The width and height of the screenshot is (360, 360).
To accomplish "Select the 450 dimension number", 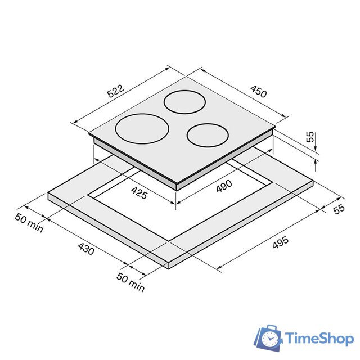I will point(258,93).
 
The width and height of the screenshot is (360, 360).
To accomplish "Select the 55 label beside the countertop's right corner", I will point(338,209).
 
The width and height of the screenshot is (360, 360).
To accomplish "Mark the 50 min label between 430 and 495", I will point(130,282).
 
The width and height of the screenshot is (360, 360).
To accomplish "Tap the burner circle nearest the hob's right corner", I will point(208,135).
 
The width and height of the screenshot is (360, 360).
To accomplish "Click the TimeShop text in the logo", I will point(319,338).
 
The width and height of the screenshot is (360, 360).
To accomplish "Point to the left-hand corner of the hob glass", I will point(89,135).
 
